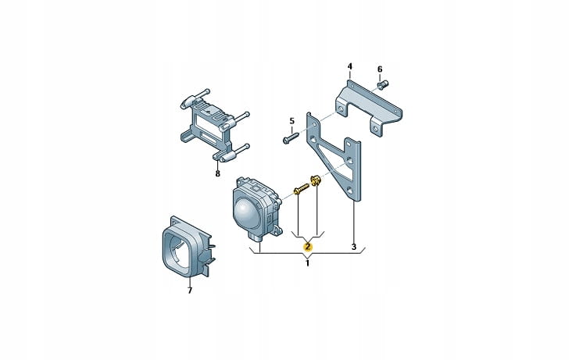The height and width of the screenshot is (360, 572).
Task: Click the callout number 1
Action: [307, 263]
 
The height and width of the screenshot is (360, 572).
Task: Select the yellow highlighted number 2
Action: [308, 247]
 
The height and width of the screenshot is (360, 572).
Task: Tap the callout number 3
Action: [353, 247]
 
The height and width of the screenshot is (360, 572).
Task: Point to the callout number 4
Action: [350, 66]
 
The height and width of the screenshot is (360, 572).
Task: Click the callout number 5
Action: [291, 121]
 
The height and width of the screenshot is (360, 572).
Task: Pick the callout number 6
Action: [380, 70]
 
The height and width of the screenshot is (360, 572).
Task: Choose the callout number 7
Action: [190, 290]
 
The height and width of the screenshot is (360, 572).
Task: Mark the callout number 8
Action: [218, 173]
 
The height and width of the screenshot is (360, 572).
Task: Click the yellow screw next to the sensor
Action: [301, 188]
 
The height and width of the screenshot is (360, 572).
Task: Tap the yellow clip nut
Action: [315, 180]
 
